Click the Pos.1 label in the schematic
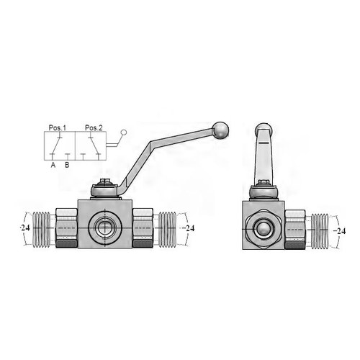click(57, 127)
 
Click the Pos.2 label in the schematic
click(94, 127)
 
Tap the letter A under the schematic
click(53, 165)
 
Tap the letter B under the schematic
click(67, 165)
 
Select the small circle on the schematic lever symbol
click(124, 132)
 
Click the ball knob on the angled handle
click(221, 130)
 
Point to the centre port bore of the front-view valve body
click(105, 228)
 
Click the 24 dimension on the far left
click(25, 228)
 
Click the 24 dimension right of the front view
click(189, 228)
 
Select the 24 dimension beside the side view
click(340, 231)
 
